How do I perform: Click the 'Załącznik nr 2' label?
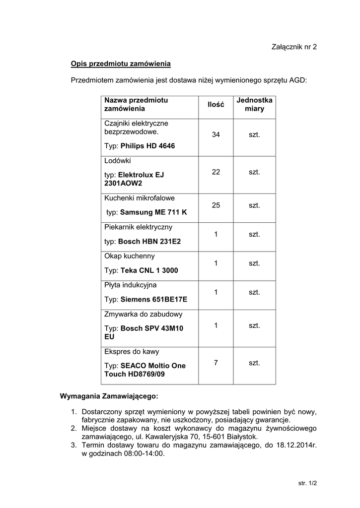coord(294,47)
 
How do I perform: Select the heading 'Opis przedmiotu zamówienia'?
coord(121,64)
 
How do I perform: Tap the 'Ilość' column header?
coord(216,105)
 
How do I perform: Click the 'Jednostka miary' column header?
coord(254,104)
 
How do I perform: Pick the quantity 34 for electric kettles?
coord(216,135)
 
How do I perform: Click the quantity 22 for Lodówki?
coord(216,172)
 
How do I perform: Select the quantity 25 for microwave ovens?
coord(216,205)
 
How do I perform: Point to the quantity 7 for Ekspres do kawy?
coord(216,363)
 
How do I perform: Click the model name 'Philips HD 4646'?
coord(147,146)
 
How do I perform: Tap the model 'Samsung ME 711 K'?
coord(153,212)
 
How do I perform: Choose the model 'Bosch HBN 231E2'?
coord(149,242)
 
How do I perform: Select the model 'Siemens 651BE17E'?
coord(153,300)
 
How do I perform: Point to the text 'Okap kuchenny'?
coord(129,256)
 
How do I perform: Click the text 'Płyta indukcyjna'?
coord(130,285)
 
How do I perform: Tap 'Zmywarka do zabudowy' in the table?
coord(143,314)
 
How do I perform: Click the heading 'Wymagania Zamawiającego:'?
coord(109,396)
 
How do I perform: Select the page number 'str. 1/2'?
coord(307,482)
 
